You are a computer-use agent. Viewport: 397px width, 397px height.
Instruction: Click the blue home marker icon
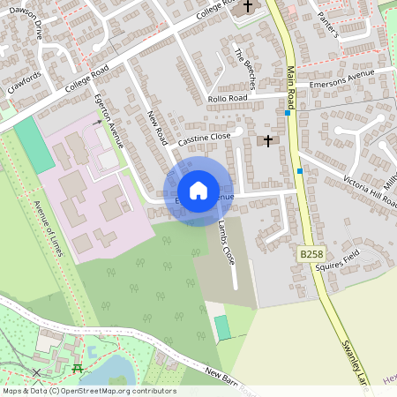pos(198,190)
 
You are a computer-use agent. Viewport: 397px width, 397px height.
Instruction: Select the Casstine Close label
pos(204,137)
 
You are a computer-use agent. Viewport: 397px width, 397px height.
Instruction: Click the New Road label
pos(158,127)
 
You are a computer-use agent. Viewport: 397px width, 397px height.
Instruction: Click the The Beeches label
pos(244,68)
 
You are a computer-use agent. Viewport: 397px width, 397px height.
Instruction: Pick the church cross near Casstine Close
pos(267,140)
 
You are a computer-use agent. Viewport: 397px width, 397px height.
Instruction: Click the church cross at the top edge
pos(248,6)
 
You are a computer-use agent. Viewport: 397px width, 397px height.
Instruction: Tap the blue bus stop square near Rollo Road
pos(288,113)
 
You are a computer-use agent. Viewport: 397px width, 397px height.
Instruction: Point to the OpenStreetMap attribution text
pos(89,390)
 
